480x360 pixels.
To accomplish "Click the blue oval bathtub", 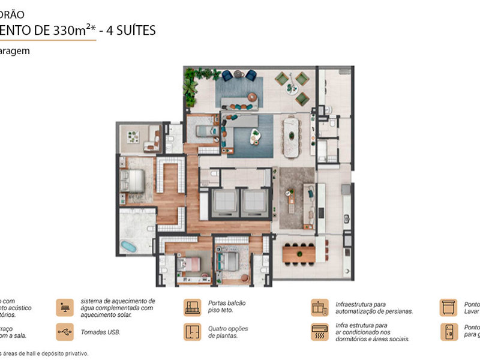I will click(x=128, y=246).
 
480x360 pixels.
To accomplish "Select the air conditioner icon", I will click(x=319, y=332).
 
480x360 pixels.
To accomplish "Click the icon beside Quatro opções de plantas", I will click(x=192, y=332).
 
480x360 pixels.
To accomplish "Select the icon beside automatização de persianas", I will click(x=319, y=307).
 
